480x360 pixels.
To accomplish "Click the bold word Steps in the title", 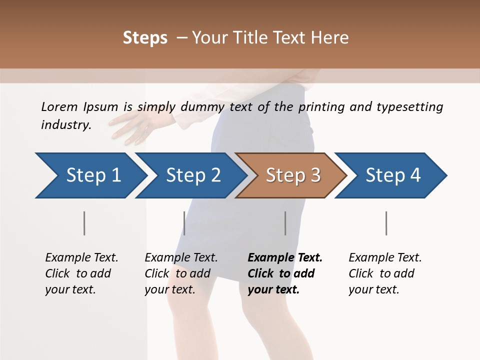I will click(145, 38).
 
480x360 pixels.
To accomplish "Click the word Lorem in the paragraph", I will click(59, 107).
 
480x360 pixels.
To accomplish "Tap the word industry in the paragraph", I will click(66, 125).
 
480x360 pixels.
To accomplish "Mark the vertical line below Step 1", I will click(84, 223).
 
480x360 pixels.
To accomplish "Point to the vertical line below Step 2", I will click(184, 223).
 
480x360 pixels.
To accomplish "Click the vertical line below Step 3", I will click(285, 223).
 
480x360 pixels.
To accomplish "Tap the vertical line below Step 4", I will click(386, 223).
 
